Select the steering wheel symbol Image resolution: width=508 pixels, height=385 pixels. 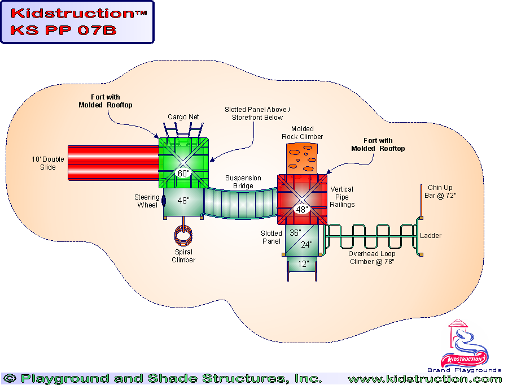click(x=163, y=200)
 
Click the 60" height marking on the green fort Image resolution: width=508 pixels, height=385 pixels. click(x=183, y=173)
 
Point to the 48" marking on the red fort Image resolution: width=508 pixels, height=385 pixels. click(x=303, y=209)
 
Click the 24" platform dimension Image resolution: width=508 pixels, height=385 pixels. click(x=306, y=245)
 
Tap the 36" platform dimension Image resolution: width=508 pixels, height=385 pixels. click(x=296, y=232)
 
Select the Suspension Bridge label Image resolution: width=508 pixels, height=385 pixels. click(x=243, y=181)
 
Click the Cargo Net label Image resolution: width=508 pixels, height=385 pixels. click(x=183, y=117)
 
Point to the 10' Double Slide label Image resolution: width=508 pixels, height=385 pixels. click(x=48, y=163)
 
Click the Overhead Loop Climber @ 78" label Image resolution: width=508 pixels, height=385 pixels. click(x=371, y=258)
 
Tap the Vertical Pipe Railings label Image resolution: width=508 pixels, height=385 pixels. click(x=343, y=197)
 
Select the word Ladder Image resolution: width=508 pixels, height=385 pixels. click(x=431, y=236)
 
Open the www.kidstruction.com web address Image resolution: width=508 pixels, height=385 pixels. click(x=424, y=379)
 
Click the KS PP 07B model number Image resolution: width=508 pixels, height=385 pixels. click(x=63, y=30)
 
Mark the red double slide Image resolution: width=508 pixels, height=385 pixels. click(x=113, y=163)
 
